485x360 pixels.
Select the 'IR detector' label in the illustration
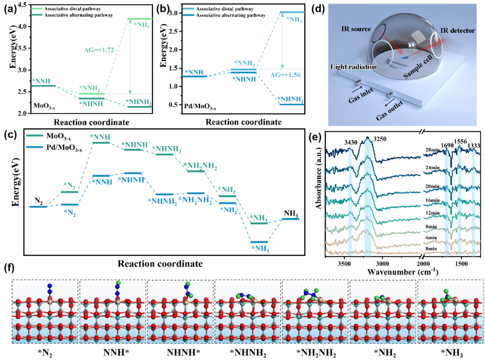point(457,31)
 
